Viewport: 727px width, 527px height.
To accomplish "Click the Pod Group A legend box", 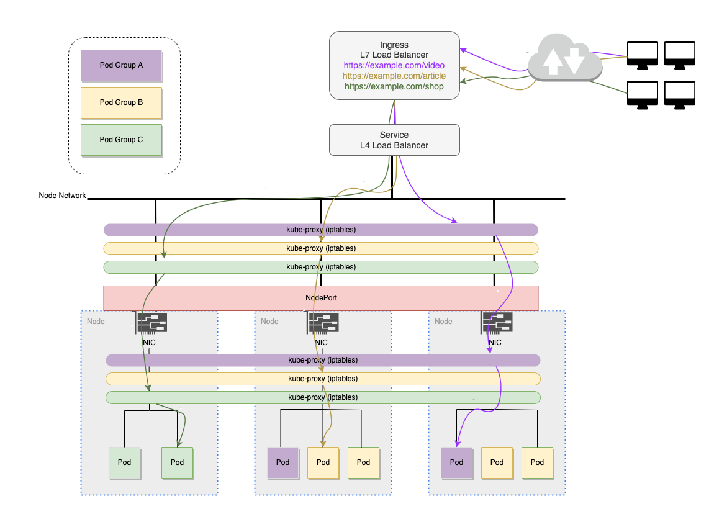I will [121, 65].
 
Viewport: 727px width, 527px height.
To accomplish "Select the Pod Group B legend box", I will [121, 102].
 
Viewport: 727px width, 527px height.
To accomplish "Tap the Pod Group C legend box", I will [121, 140].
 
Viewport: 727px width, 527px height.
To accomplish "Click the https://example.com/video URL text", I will [394, 65].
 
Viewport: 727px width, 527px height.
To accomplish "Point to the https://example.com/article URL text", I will [394, 76].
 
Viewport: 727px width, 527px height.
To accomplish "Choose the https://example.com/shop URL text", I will [394, 86].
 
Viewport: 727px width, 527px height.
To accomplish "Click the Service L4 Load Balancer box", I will [394, 140].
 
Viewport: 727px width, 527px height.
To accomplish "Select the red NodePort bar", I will [320, 298].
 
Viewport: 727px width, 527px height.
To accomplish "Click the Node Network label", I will [62, 196].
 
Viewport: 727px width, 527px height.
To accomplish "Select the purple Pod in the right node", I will [456, 462].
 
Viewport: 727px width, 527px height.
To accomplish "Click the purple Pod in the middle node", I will [282, 462].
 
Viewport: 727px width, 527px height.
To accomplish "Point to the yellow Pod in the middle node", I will [323, 462].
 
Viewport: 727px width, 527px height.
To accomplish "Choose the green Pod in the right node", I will [537, 462].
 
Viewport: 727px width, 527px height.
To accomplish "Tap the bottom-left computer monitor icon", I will [643, 95].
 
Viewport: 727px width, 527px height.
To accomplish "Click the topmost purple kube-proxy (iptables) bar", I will [320, 230].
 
